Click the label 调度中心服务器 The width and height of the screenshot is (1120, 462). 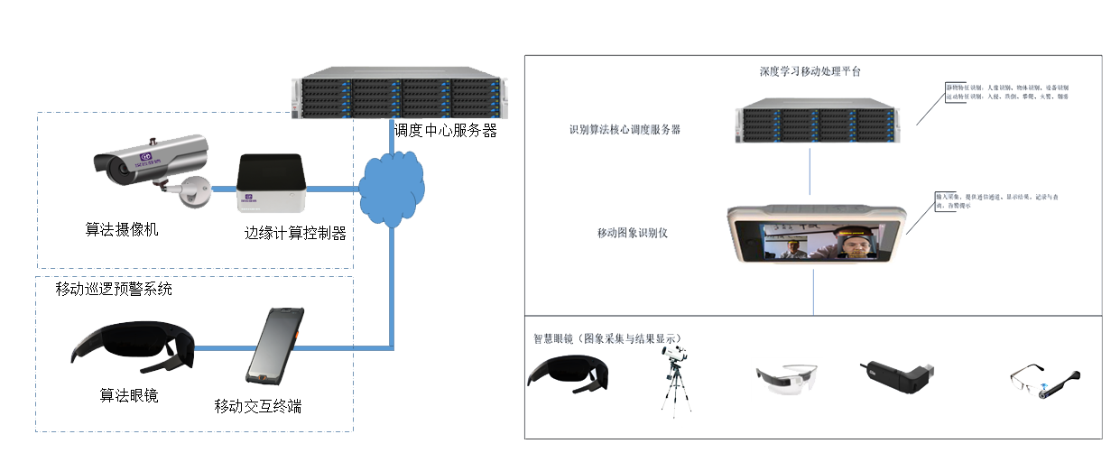[446, 130]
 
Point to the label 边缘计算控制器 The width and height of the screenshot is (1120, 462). [295, 232]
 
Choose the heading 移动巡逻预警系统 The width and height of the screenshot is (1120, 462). [114, 289]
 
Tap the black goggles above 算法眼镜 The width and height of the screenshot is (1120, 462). [132, 349]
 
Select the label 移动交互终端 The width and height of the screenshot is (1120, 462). [258, 406]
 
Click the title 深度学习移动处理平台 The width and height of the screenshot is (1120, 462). [810, 70]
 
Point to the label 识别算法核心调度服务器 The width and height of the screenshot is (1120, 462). [625, 129]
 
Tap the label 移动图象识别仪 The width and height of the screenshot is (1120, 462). [632, 233]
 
